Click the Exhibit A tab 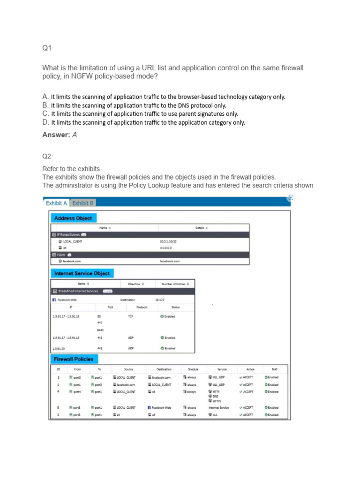click(x=56, y=203)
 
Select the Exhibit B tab click(x=82, y=203)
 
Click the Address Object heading click(x=73, y=218)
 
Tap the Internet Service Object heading click(x=82, y=273)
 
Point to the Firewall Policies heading click(x=74, y=359)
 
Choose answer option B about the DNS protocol click(x=138, y=105)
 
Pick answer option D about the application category click(x=148, y=122)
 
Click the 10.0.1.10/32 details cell click(x=168, y=242)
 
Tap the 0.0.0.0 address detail click(x=166, y=247)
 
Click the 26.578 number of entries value click(x=160, y=300)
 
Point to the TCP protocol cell click(x=130, y=316)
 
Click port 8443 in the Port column click(x=100, y=330)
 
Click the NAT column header click(x=275, y=369)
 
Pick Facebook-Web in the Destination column click(x=160, y=408)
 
